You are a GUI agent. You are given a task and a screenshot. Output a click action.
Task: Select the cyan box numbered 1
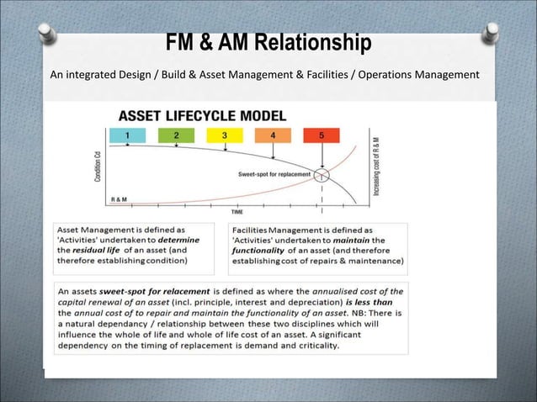[x=128, y=135]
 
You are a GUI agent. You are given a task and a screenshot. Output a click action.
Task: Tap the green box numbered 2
[x=177, y=135]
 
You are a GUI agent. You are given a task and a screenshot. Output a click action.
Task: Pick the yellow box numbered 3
[x=225, y=135]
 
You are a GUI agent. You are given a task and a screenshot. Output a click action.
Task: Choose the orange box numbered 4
[x=274, y=135]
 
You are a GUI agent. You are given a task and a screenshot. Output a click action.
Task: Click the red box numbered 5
[x=322, y=135]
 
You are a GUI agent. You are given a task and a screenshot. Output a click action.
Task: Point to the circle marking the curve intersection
[x=322, y=175]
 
